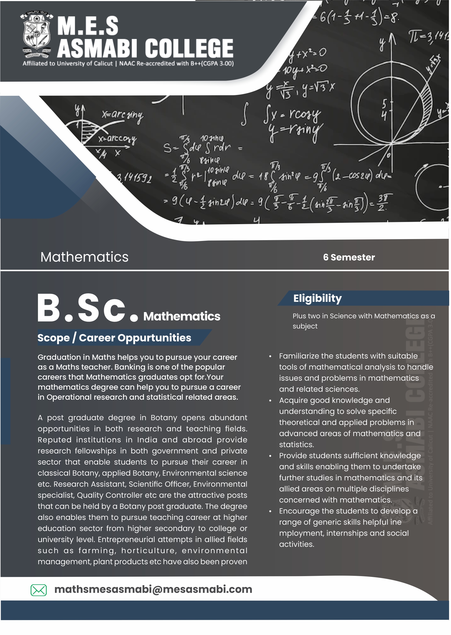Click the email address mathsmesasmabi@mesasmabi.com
point(153,589)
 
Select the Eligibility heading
point(317,298)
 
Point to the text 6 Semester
point(349,258)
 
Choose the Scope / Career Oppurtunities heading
point(114,338)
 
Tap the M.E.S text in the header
point(88,26)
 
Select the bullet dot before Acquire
point(270,401)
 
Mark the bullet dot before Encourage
point(270,512)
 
